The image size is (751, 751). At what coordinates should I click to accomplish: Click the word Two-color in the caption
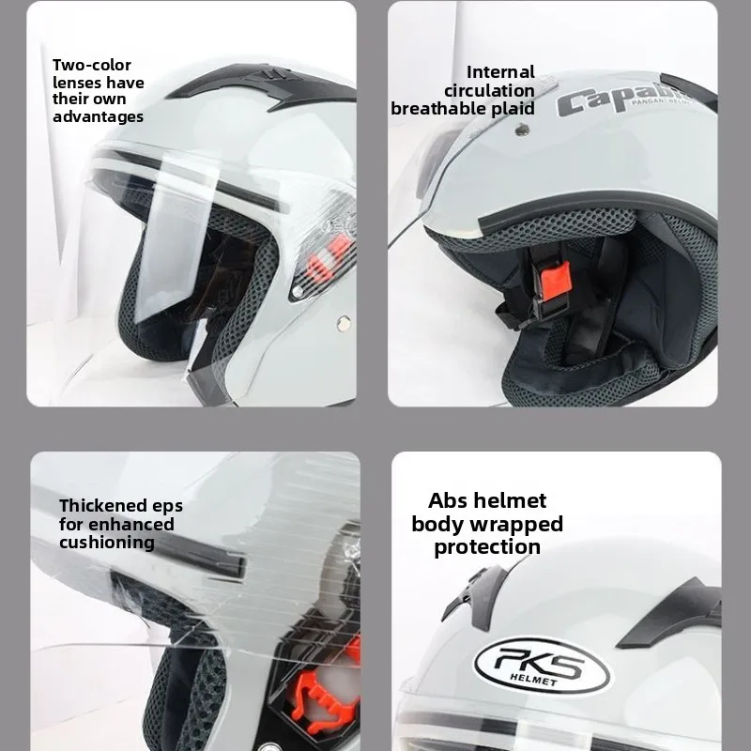pos(91,65)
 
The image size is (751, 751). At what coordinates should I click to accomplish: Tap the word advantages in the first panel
pos(98,116)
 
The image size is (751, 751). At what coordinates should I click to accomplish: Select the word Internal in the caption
pos(500,72)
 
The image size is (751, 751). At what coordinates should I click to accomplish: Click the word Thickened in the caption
pos(101,506)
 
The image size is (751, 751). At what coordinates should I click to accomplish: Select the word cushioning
pos(106,543)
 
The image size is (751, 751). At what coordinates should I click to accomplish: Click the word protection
pos(487,546)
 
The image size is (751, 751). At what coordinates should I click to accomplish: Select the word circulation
pos(489,90)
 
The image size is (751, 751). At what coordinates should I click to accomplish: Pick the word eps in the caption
pos(166,506)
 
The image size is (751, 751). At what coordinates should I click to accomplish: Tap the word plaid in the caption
pos(513,108)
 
